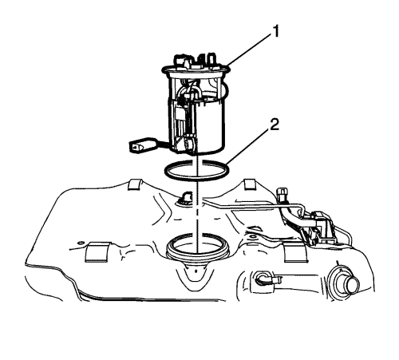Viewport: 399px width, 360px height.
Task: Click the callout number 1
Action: [275, 32]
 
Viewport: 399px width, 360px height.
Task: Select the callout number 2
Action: [275, 125]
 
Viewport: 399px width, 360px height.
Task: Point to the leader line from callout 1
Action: [249, 50]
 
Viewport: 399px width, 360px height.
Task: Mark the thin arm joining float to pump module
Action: [165, 144]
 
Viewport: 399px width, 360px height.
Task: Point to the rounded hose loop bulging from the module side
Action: [225, 89]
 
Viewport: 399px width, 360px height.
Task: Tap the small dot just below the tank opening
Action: [196, 272]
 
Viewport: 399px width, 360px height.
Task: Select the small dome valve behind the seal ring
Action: [185, 198]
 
